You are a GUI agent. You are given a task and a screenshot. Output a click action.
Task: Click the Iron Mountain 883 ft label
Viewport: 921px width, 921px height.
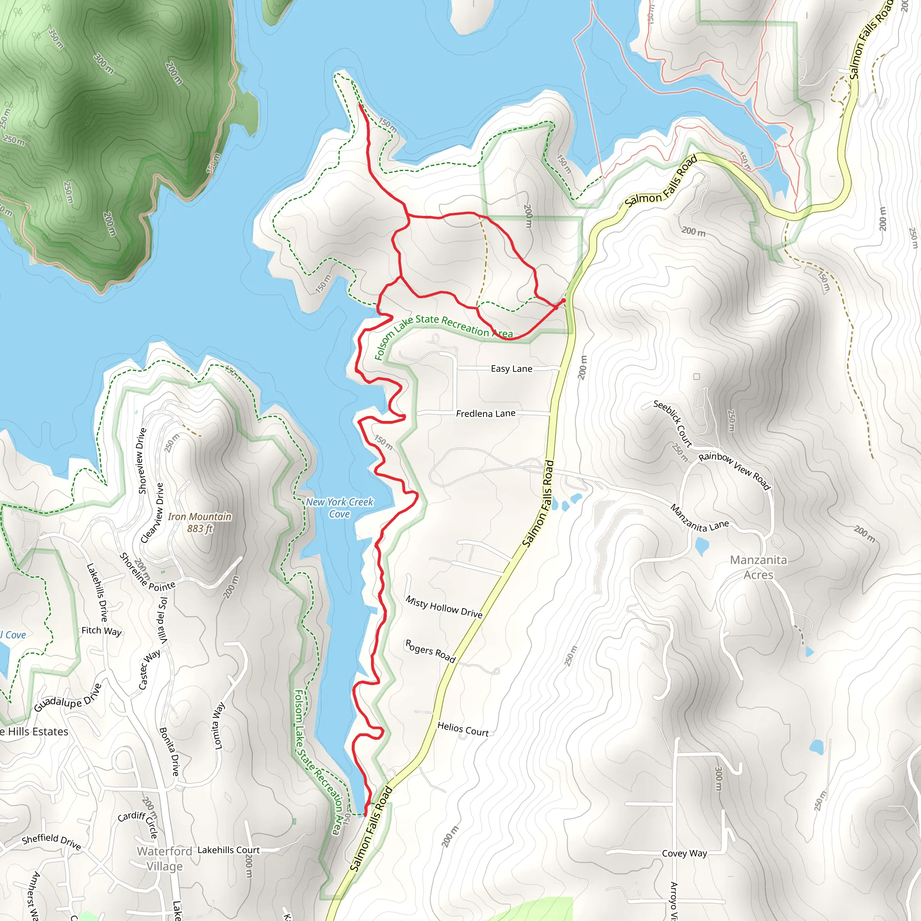[x=199, y=523]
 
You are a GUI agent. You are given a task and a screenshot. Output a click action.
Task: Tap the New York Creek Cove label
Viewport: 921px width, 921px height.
[x=340, y=508]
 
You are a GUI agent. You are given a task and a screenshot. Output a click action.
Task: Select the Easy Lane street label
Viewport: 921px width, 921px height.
[x=511, y=368]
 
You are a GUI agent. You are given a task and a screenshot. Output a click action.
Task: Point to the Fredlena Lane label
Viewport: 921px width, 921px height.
[x=485, y=413]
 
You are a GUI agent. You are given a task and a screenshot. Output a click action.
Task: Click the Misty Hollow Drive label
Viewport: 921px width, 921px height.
[x=444, y=607]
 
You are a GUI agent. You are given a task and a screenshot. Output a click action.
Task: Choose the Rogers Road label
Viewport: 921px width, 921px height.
[x=430, y=651]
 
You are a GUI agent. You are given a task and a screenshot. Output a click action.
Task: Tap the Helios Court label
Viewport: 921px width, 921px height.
[x=462, y=729]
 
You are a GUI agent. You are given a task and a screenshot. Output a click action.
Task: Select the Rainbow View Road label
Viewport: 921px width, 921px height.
[x=734, y=470]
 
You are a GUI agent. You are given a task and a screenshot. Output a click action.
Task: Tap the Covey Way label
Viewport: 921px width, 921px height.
[x=684, y=853]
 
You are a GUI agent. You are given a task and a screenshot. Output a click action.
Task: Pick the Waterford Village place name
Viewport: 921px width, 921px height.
[x=165, y=858]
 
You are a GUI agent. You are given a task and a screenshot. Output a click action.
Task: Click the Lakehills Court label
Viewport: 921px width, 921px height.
[x=228, y=850]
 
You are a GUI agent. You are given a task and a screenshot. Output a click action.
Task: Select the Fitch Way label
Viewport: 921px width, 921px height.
[x=102, y=630]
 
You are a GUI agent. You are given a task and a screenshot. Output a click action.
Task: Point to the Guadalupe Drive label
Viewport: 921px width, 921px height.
[x=68, y=698]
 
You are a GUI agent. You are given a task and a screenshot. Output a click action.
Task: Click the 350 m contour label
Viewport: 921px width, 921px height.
[x=56, y=39]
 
